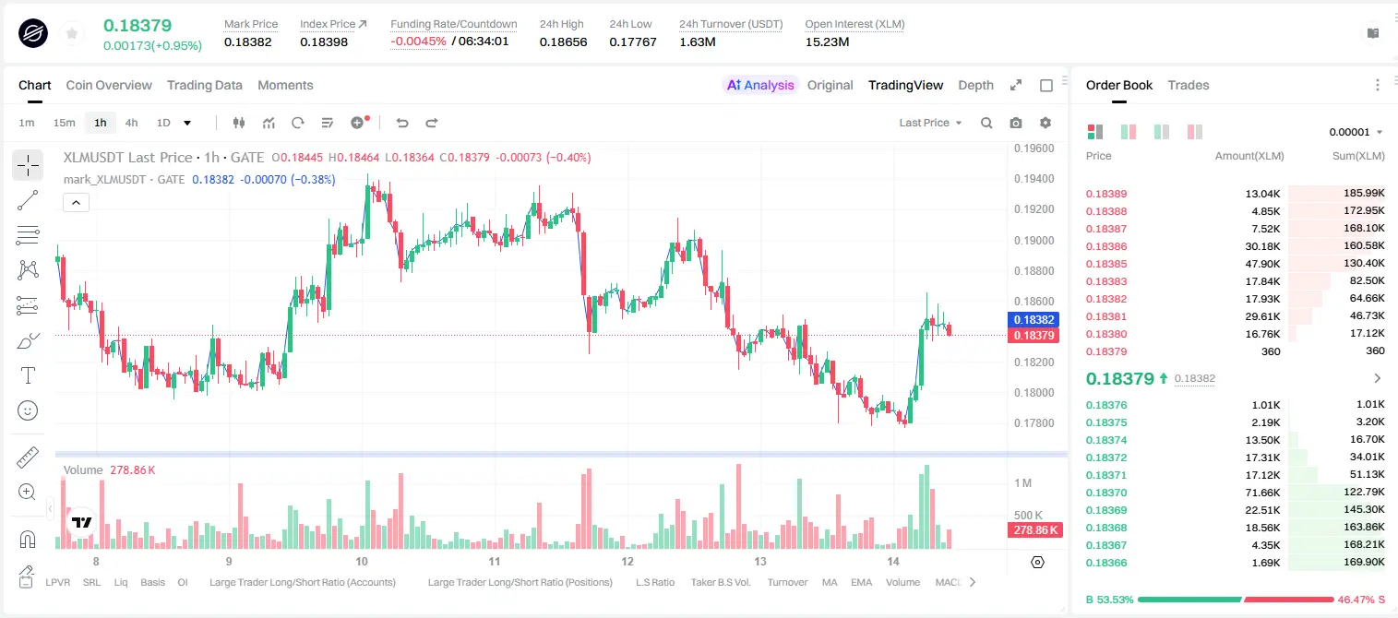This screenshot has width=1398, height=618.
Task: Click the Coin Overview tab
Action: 109,85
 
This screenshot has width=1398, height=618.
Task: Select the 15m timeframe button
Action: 64,123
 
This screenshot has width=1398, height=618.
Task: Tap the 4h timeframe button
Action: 131,123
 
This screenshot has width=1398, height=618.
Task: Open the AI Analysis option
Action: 760,85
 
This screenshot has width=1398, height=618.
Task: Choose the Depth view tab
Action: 975,85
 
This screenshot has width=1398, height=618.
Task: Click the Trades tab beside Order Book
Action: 1189,85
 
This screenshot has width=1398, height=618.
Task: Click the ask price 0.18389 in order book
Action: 1105,194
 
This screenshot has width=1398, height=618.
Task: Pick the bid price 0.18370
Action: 1105,492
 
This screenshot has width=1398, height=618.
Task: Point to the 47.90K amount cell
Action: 1262,264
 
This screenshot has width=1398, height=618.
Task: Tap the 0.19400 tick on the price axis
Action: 1034,179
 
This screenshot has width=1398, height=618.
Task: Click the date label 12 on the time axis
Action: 627,561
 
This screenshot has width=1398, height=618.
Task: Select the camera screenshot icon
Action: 1016,123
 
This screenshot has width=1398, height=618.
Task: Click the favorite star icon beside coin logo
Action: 72,33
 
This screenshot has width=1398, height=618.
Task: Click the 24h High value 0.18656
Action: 563,42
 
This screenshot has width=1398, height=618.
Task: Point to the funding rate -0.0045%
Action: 418,42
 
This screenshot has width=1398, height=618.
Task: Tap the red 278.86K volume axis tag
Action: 1034,530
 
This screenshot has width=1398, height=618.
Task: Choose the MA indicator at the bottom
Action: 830,582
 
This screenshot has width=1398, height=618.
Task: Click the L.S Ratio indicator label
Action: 654,582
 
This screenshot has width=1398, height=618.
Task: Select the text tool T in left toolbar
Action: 28,375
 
